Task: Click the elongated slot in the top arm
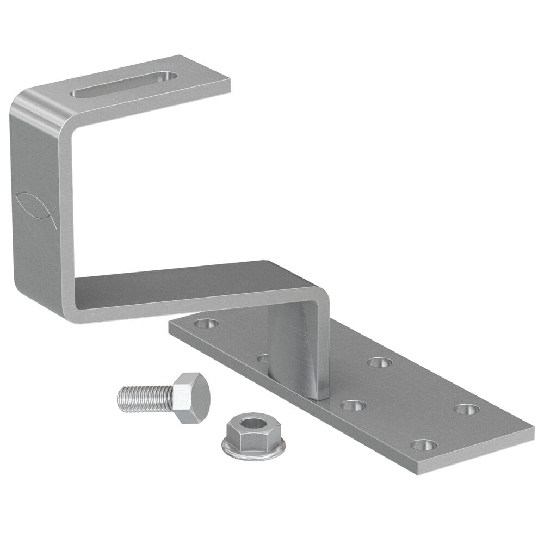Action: click(124, 85)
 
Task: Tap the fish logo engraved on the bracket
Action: click(35, 206)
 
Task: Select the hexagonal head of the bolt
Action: click(191, 398)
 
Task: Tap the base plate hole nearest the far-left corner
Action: click(206, 324)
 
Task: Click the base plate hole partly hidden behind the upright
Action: click(263, 358)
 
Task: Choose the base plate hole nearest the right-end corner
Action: click(467, 409)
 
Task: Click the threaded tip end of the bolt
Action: click(120, 399)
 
